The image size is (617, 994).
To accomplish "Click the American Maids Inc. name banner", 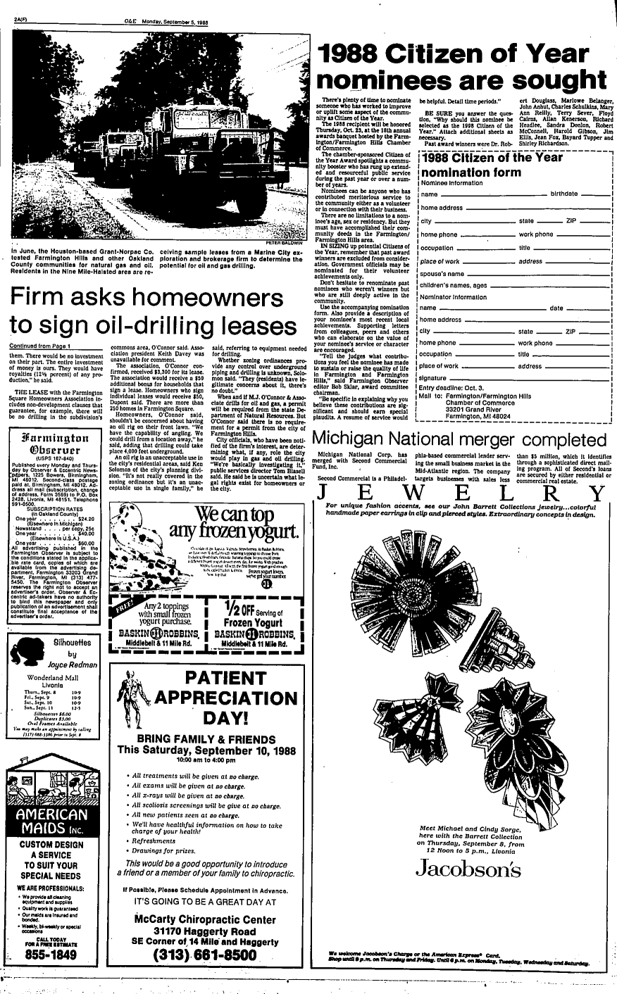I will pyautogui.click(x=53, y=821).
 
